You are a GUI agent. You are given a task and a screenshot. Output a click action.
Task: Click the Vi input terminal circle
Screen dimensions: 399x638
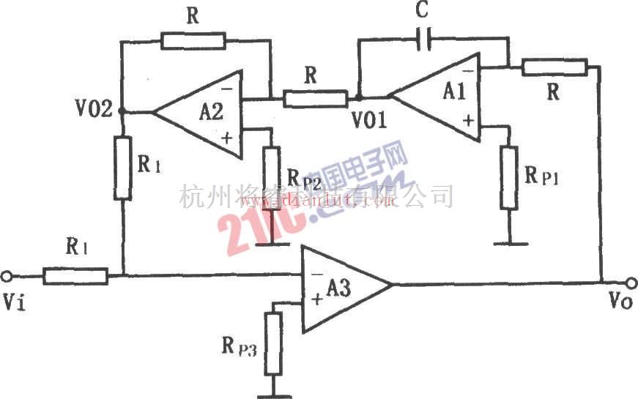(7, 276)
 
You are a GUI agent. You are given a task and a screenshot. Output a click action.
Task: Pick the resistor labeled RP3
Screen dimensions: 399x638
(272, 341)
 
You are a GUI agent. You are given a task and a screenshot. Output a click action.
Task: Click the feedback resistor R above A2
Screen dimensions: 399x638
(193, 40)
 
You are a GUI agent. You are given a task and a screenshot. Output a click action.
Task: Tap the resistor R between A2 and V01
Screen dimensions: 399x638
(316, 98)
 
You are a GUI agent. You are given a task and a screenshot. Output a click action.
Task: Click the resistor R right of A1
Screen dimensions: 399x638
(554, 68)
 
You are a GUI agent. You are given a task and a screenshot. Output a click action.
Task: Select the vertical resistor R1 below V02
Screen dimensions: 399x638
(123, 167)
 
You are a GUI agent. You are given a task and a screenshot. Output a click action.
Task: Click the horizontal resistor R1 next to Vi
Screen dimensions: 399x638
(75, 276)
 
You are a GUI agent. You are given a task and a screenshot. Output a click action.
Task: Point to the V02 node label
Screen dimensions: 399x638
(93, 110)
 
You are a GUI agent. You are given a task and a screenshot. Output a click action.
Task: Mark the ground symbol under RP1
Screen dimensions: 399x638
(510, 241)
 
